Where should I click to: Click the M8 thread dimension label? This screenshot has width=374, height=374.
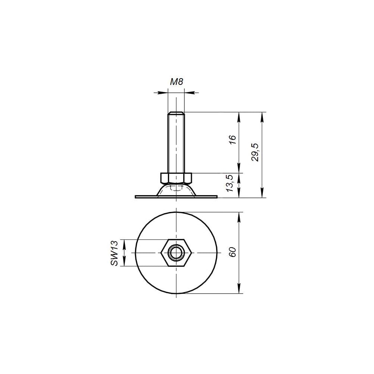click(x=177, y=82)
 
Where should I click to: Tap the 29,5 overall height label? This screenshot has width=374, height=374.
click(x=255, y=153)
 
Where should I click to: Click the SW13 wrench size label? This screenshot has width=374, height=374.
click(x=114, y=253)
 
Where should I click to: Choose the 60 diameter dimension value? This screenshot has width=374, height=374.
click(x=233, y=252)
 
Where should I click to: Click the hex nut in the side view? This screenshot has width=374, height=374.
click(x=176, y=178)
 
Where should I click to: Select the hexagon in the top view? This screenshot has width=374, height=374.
click(x=176, y=252)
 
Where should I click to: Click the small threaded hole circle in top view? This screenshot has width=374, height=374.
click(x=176, y=252)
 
